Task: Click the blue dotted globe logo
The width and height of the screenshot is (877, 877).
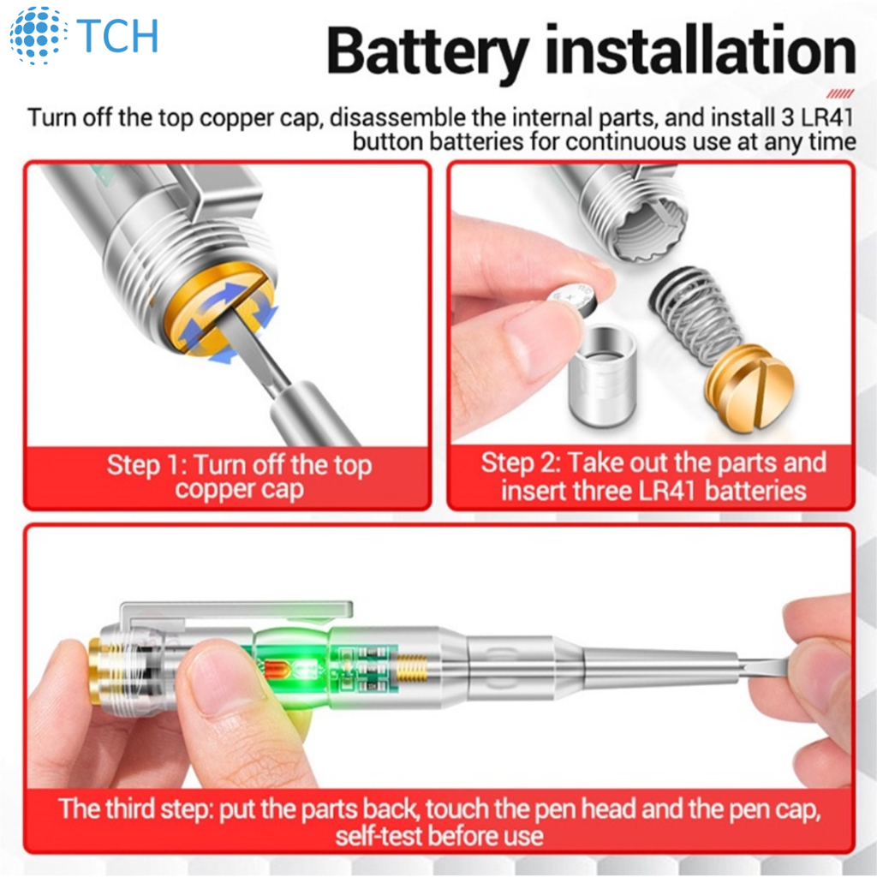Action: [x=38, y=34]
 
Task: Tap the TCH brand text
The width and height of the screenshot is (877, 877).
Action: [x=117, y=36]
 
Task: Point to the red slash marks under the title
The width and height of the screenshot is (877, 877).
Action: [x=839, y=93]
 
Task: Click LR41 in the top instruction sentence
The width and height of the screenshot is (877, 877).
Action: [x=826, y=117]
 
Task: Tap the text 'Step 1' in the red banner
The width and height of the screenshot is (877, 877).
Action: [x=146, y=466]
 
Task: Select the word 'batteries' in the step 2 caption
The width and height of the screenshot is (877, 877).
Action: [x=755, y=491]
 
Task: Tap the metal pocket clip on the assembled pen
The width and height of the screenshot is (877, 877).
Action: [x=235, y=612]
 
